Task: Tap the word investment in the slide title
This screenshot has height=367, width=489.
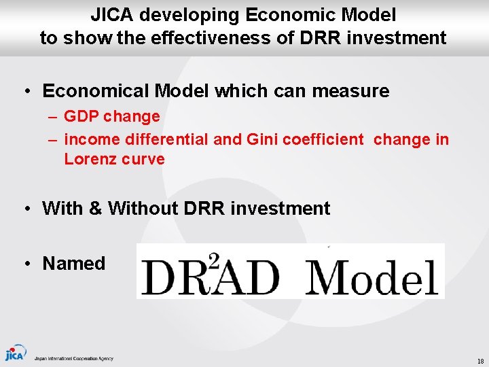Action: click(x=397, y=38)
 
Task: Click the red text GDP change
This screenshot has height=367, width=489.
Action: click(x=111, y=116)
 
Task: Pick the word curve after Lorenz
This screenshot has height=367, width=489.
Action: click(x=143, y=159)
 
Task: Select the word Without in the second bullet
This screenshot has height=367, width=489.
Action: click(x=142, y=208)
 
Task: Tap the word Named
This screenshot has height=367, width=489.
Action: click(x=74, y=264)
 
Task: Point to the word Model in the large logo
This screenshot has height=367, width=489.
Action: click(x=372, y=276)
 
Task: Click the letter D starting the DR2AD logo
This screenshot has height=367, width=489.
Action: click(x=158, y=277)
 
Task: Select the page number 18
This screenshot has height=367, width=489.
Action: click(x=479, y=361)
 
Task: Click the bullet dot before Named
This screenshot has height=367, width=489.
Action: click(x=24, y=264)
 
